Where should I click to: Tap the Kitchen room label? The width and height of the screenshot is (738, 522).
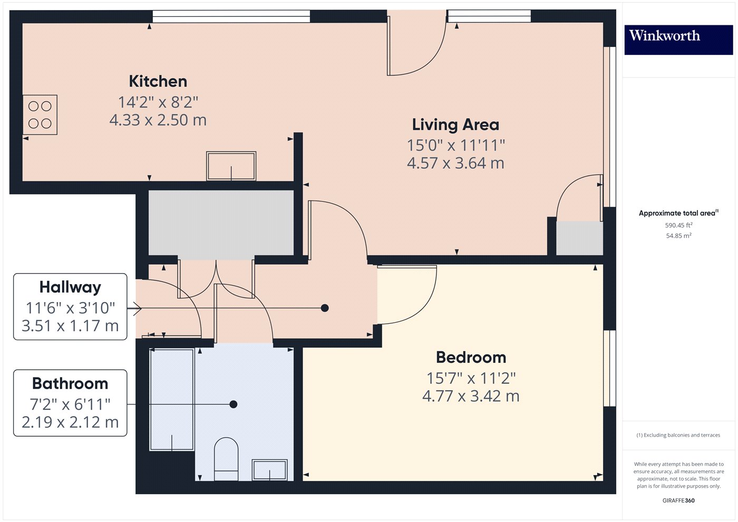158,81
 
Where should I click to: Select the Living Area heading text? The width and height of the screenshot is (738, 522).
455,125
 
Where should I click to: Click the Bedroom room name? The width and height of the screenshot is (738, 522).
471,357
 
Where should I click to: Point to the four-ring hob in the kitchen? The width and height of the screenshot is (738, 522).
40,115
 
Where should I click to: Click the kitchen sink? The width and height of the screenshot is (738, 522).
231,166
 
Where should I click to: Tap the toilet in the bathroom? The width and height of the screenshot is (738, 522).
226,459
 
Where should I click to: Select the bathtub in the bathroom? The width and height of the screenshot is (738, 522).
172,399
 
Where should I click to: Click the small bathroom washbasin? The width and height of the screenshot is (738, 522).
269,470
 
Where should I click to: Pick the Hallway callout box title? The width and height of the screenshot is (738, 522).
70,287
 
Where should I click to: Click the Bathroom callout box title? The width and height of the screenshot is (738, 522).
70,383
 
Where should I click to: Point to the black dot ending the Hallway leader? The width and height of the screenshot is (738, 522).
325,308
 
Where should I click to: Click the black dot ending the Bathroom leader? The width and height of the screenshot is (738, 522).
233,404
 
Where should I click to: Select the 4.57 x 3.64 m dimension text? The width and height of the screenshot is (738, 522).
455,163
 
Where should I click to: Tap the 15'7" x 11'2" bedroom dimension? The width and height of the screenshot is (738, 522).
471,378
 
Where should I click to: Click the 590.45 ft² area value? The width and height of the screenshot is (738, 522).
678,225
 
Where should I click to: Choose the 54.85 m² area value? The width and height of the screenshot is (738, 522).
678,236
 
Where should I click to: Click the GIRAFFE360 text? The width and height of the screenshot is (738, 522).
678,500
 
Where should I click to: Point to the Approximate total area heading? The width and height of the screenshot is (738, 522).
678,213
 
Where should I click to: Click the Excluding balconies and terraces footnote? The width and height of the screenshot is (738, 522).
678,435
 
